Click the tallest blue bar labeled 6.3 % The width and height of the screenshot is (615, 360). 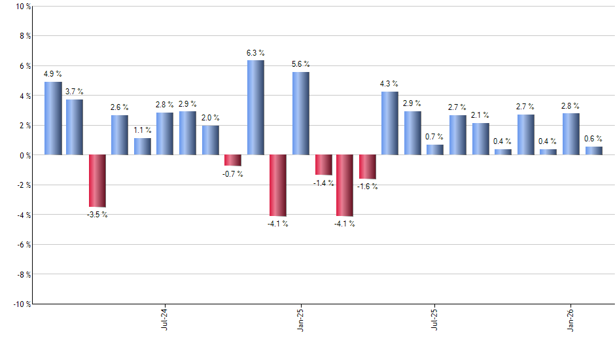[x=255, y=107]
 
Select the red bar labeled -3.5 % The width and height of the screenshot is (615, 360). [x=97, y=181]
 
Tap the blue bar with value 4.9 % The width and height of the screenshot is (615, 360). [x=53, y=118]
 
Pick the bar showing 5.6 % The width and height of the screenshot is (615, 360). [x=300, y=113]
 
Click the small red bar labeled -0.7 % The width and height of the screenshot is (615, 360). [x=232, y=160]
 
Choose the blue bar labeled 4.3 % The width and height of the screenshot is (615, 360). [x=389, y=123]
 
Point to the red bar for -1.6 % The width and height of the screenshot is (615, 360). [x=367, y=167]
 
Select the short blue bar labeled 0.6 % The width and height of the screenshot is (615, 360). [x=593, y=151]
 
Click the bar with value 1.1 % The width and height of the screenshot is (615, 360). [x=143, y=147]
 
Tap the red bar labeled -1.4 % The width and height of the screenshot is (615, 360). [x=323, y=165]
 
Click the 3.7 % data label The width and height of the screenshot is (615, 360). [x=73, y=92]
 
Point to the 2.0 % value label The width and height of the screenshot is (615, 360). [x=210, y=118]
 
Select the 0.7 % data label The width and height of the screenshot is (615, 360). [x=434, y=137]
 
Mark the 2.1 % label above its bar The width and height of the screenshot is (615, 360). [x=480, y=115]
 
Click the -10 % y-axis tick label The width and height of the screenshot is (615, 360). [x=21, y=304]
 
